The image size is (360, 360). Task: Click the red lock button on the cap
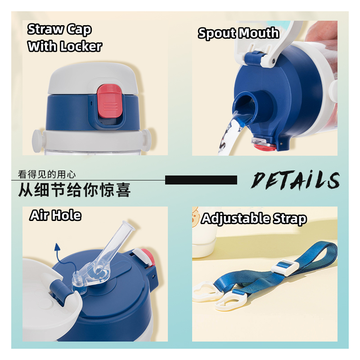[x=109, y=100]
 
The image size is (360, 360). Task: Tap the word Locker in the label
[x=81, y=46]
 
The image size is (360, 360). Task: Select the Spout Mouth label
[x=238, y=33]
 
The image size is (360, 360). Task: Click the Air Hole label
[x=55, y=216]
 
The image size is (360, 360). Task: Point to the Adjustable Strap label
[x=254, y=218]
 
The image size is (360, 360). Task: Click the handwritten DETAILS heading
[x=296, y=180]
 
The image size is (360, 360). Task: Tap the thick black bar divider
[x=201, y=180]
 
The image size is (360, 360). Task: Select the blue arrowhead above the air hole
[x=57, y=247]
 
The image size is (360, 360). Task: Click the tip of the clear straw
[x=130, y=224]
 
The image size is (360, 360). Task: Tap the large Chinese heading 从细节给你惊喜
[x=74, y=190]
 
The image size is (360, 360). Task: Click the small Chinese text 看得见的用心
[x=47, y=175]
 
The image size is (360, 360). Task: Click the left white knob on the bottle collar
[x=37, y=141]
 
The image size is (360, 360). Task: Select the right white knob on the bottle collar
[x=147, y=139]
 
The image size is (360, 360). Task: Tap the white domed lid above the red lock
[x=93, y=78]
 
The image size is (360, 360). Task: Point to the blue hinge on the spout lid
[x=254, y=58]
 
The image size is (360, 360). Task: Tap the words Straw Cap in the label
[x=59, y=30]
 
